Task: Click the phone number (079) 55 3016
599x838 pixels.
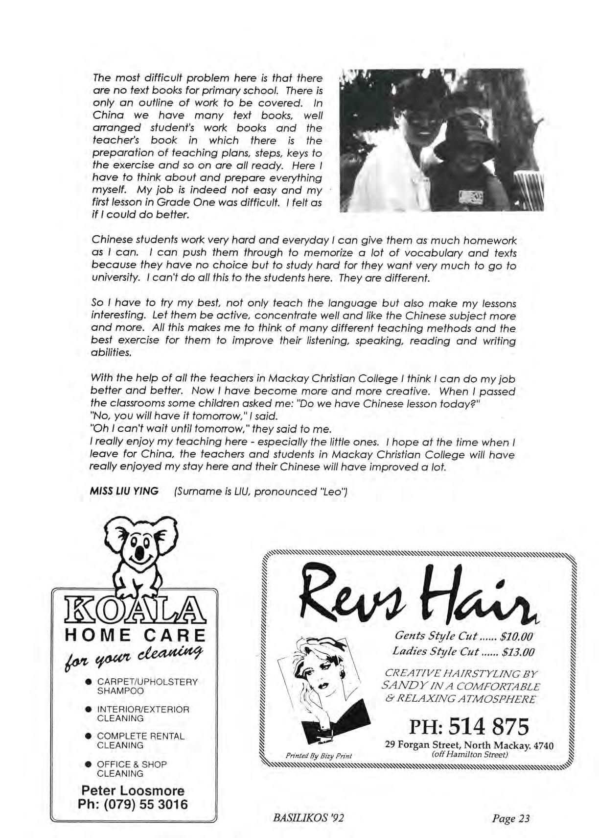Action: (133, 804)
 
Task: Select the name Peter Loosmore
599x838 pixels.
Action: (133, 790)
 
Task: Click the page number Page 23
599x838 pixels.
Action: (511, 818)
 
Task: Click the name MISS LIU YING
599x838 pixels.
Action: (124, 491)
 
